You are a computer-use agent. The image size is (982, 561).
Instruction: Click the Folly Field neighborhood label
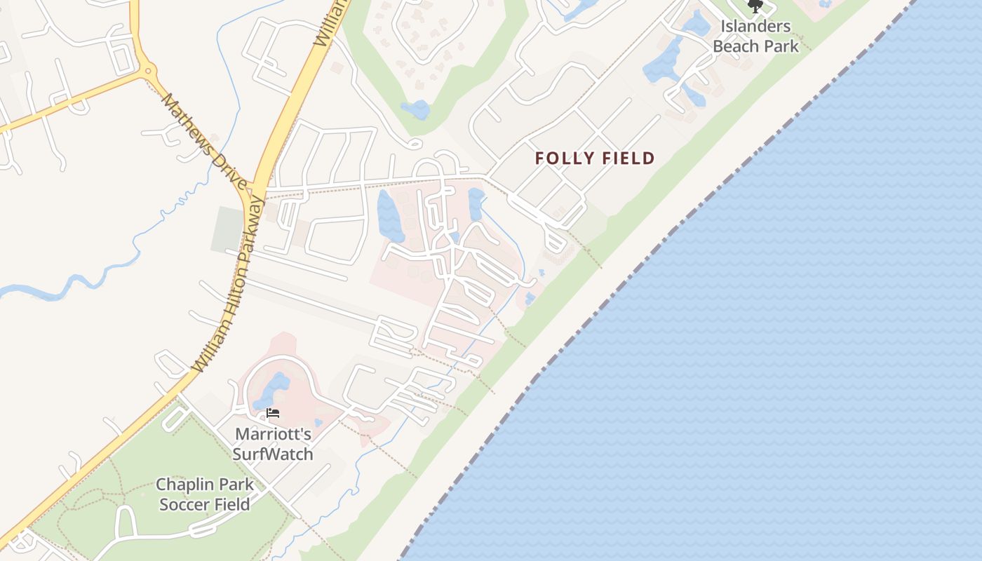pyautogui.click(x=595, y=158)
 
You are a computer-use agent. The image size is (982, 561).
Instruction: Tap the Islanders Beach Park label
pyautogui.click(x=755, y=36)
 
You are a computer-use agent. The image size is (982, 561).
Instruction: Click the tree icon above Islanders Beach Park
pyautogui.click(x=755, y=7)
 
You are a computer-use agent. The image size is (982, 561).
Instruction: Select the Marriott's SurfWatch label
pyautogui.click(x=273, y=444)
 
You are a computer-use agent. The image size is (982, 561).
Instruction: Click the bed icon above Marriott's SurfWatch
pyautogui.click(x=273, y=413)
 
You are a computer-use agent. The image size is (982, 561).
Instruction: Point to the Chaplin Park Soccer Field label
pyautogui.click(x=205, y=494)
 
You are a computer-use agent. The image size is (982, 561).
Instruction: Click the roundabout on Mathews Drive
pyautogui.click(x=147, y=70)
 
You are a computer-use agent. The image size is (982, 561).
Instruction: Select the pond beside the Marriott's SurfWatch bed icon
pyautogui.click(x=274, y=390)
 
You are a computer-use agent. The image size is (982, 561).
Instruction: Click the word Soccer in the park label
pyautogui.click(x=186, y=504)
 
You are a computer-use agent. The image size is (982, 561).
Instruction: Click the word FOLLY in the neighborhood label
pyautogui.click(x=563, y=158)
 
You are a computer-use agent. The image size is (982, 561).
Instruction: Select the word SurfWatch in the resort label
pyautogui.click(x=273, y=454)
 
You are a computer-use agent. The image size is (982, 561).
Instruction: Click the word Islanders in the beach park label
pyautogui.click(x=755, y=27)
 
